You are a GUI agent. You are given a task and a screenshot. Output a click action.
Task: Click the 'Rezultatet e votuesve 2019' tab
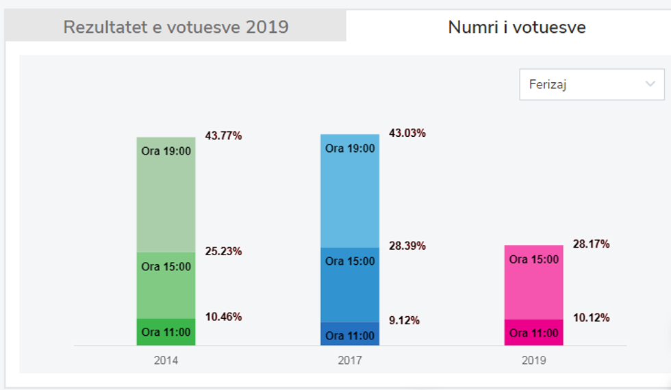point(176,27)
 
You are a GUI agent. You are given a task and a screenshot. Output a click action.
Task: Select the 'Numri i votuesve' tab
point(516,27)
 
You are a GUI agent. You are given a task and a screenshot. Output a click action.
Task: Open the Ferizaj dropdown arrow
point(650,84)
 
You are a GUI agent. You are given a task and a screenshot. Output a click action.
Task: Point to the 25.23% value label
point(223,251)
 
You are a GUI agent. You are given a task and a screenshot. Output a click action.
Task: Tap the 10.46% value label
point(223,317)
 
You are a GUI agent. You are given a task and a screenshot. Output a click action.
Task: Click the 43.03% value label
point(407,133)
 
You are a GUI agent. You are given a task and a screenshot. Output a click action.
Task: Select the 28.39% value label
point(407,246)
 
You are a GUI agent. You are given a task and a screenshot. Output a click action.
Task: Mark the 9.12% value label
point(404,320)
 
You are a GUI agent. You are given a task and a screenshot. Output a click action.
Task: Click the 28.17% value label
point(591,244)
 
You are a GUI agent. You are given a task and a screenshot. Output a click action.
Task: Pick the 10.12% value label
point(591,317)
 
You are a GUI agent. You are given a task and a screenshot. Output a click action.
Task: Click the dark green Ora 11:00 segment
point(166,332)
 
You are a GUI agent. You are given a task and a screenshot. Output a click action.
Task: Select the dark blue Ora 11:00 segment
point(350,334)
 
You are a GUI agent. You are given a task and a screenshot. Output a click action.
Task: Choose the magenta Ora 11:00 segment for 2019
point(534,333)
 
